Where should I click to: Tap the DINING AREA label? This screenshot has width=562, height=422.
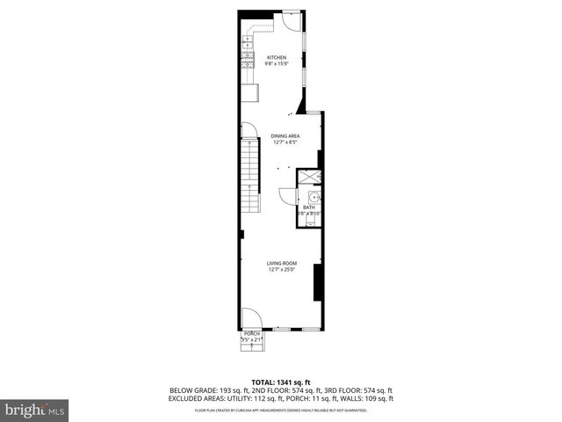point(285,135)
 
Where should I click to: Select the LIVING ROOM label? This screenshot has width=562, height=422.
point(283,263)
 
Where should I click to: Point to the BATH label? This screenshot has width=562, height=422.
point(309,207)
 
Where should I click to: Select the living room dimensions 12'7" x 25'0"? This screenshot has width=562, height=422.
point(283,270)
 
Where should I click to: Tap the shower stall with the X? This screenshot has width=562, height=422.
point(309,177)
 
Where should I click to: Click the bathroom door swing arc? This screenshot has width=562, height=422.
point(286,194)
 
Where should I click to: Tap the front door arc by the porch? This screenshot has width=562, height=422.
point(250,316)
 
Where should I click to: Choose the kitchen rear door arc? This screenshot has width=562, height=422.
point(287,22)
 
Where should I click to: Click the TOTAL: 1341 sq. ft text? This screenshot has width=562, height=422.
point(281,382)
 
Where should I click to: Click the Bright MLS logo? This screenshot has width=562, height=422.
point(35,410)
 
